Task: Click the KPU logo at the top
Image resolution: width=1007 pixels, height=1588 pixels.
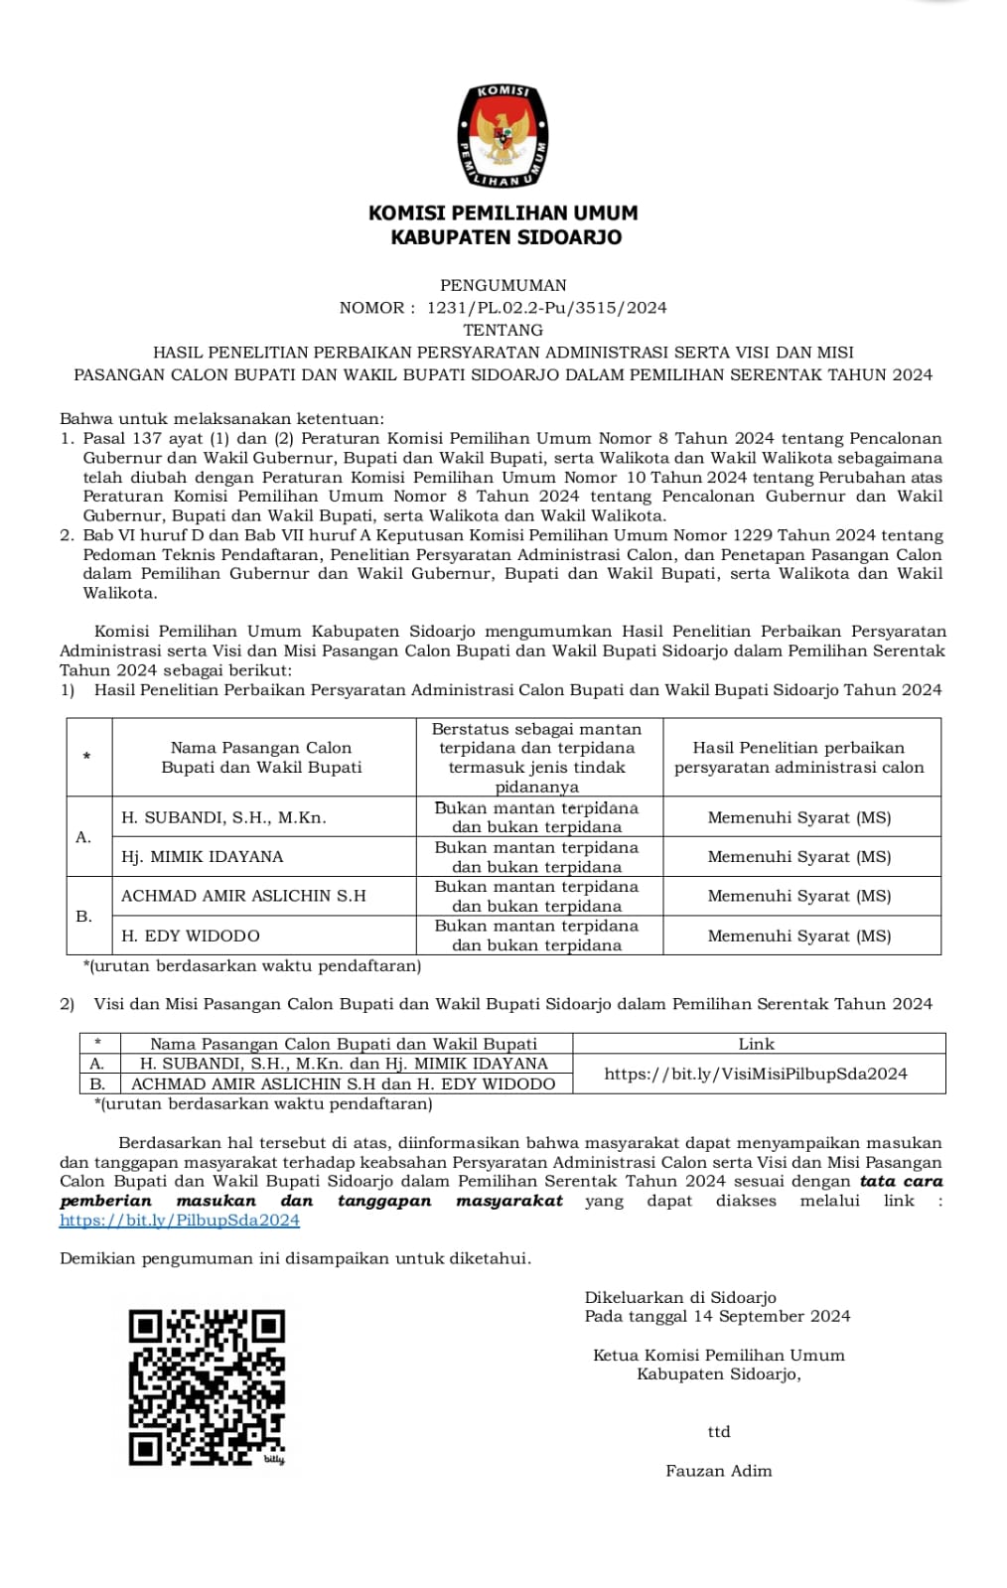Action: point(503,136)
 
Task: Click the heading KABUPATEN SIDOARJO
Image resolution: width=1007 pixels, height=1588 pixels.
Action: point(505,237)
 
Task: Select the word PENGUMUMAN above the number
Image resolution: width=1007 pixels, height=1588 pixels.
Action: point(503,285)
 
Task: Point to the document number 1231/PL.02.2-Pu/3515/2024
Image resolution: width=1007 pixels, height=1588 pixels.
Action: point(546,308)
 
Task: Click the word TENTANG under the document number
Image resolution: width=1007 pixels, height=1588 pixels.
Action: point(503,330)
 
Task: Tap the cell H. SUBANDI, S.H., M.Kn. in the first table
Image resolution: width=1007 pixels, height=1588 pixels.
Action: point(223,817)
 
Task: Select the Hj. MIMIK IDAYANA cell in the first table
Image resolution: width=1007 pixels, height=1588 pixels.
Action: point(203,856)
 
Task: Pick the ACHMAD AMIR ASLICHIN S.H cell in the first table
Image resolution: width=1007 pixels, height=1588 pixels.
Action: point(243,896)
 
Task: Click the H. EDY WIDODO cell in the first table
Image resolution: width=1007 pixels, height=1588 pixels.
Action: point(191,936)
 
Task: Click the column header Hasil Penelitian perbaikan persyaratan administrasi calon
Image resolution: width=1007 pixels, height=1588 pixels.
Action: point(799,757)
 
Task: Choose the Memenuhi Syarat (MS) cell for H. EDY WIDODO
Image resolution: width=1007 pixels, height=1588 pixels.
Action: point(799,936)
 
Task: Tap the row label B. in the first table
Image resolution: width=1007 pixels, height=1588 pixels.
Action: point(84,916)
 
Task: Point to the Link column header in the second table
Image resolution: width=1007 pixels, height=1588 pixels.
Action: point(757,1044)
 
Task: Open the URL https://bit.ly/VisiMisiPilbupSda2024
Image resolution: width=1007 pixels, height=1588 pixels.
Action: point(756,1074)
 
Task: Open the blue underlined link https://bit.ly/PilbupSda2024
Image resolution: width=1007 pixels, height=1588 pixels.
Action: point(180,1221)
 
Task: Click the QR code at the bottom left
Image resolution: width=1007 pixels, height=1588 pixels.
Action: point(207,1387)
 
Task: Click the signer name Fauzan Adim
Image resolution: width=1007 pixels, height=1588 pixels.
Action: point(719,1471)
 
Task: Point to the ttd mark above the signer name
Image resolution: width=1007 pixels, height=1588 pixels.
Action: point(719,1432)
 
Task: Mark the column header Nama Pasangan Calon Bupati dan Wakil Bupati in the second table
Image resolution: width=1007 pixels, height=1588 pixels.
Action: point(344,1044)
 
